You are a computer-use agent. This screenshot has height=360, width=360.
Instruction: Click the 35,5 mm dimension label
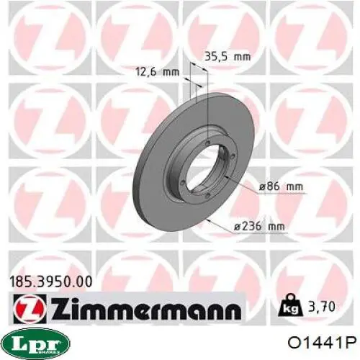coord(228,57)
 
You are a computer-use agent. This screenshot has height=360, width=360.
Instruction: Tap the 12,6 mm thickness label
coord(158,71)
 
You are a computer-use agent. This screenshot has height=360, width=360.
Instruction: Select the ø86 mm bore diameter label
coord(281,186)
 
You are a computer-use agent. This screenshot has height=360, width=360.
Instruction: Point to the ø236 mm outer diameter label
coord(259,226)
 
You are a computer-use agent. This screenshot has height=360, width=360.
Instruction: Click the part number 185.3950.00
coord(50,282)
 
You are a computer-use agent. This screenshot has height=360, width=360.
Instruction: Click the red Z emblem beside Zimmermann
coord(30,308)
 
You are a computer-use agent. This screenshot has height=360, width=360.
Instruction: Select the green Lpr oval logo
coord(37,343)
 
